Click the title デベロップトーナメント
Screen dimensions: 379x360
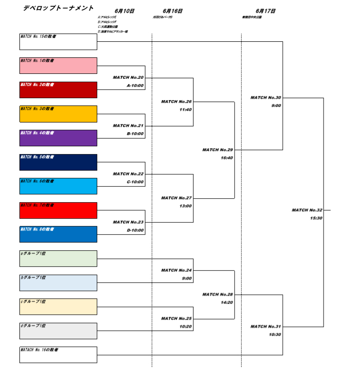pyautogui.click(x=58, y=8)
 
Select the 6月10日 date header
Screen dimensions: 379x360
pyautogui.click(x=125, y=11)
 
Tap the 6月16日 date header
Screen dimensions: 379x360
pyautogui.click(x=173, y=11)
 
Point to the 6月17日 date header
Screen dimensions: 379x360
pyautogui.click(x=266, y=11)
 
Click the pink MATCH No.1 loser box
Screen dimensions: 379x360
pyautogui.click(x=58, y=66)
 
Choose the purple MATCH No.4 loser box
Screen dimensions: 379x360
pyautogui.click(x=58, y=138)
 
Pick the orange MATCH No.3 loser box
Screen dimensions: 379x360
pyautogui.click(x=58, y=114)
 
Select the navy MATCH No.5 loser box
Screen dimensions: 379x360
pyautogui.click(x=58, y=162)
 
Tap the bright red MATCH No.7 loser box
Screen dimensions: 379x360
pyautogui.click(x=58, y=210)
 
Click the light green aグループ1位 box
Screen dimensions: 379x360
pyautogui.click(x=58, y=258)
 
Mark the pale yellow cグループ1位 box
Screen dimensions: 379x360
pyautogui.click(x=58, y=307)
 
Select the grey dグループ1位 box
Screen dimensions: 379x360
pyautogui.click(x=58, y=331)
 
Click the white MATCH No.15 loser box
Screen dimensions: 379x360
pyautogui.click(x=58, y=42)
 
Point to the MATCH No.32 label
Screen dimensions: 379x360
pyautogui.click(x=307, y=210)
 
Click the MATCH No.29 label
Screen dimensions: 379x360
pyautogui.click(x=217, y=150)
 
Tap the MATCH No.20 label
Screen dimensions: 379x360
pyautogui.click(x=128, y=77)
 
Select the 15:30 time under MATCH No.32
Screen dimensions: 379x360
pyautogui.click(x=316, y=218)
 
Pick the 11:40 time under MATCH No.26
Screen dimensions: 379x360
pyautogui.click(x=185, y=110)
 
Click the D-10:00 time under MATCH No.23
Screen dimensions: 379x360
pyautogui.click(x=135, y=230)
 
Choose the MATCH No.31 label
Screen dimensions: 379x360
pyautogui.click(x=266, y=327)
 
